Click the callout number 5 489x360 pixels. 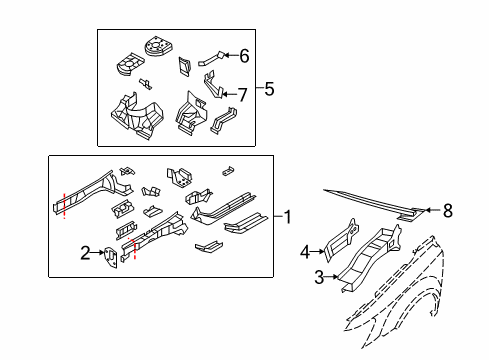[269, 89]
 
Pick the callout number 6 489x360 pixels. [243, 56]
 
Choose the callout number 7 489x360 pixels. [241, 94]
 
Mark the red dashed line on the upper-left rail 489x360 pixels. [63, 204]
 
